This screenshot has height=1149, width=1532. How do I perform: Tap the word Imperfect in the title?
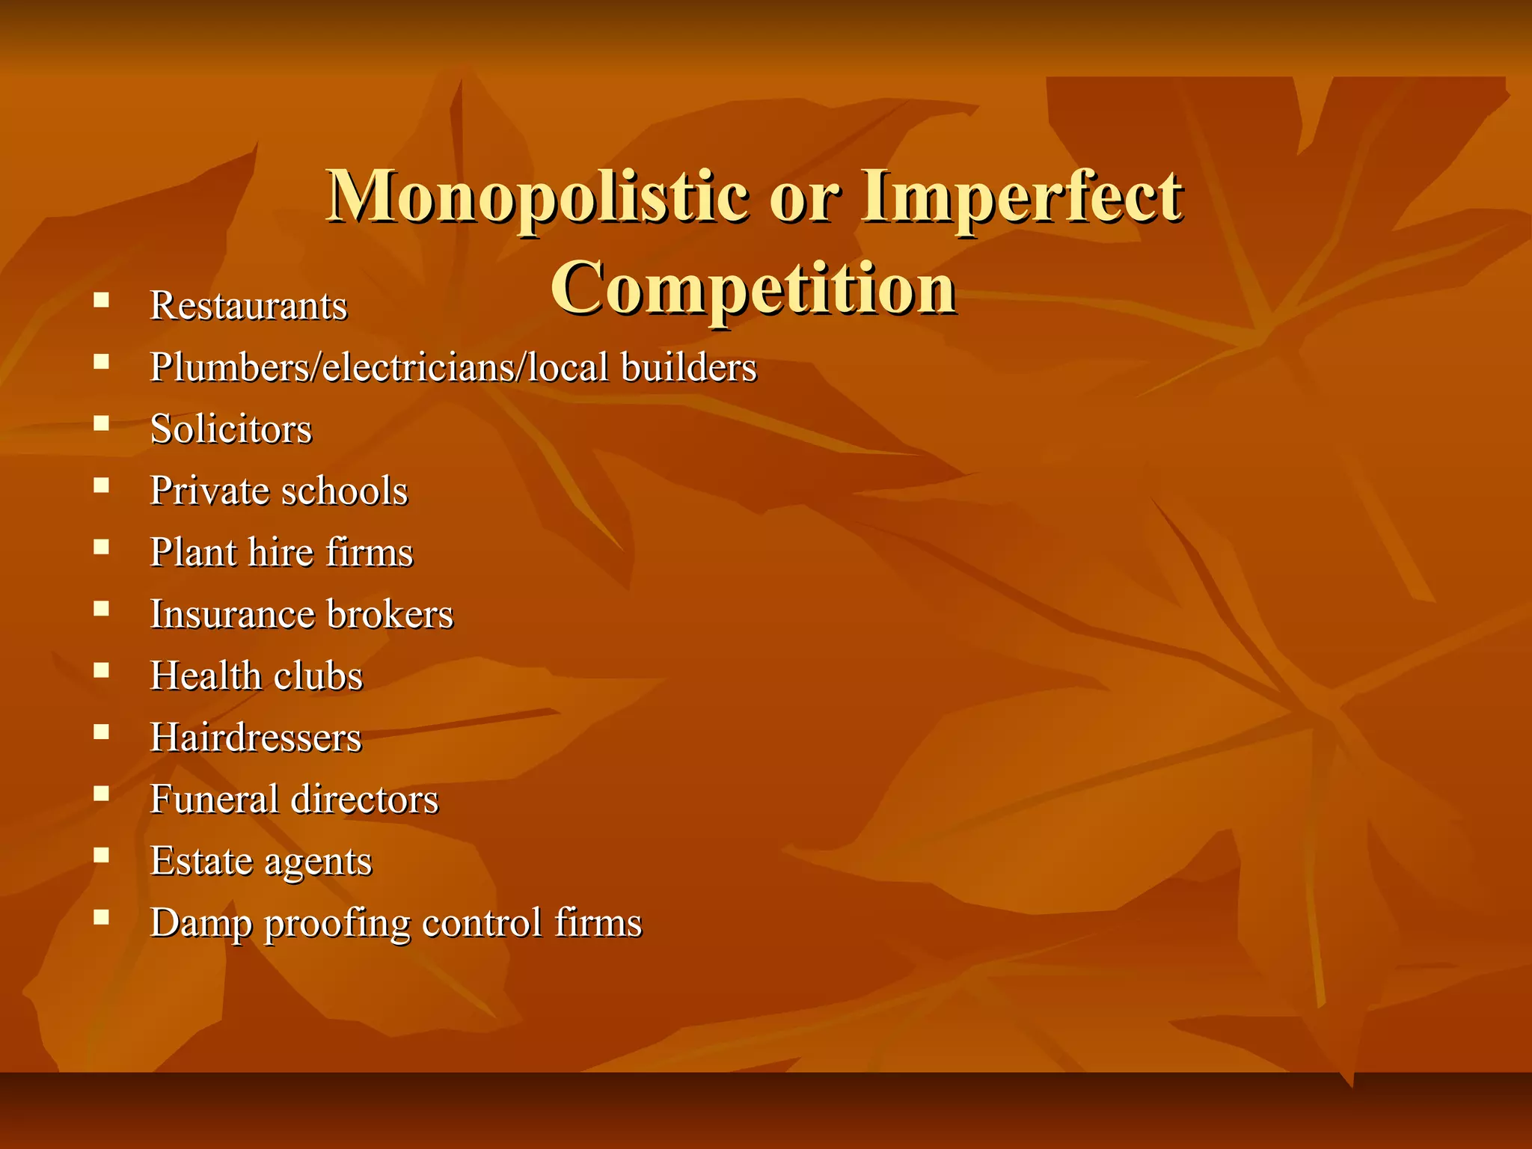1021,197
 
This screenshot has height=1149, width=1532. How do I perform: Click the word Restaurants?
248,306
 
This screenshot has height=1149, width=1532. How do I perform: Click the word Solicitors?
230,429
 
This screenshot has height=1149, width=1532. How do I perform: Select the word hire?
281,553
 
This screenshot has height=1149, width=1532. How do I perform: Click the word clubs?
319,675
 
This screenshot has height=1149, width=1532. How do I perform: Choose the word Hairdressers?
256,738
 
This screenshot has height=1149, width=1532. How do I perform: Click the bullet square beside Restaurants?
102,301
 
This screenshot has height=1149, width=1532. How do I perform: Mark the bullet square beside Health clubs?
102,670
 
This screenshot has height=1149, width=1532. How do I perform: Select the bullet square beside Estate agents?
102,855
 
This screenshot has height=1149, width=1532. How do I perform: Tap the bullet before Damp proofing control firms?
102,916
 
